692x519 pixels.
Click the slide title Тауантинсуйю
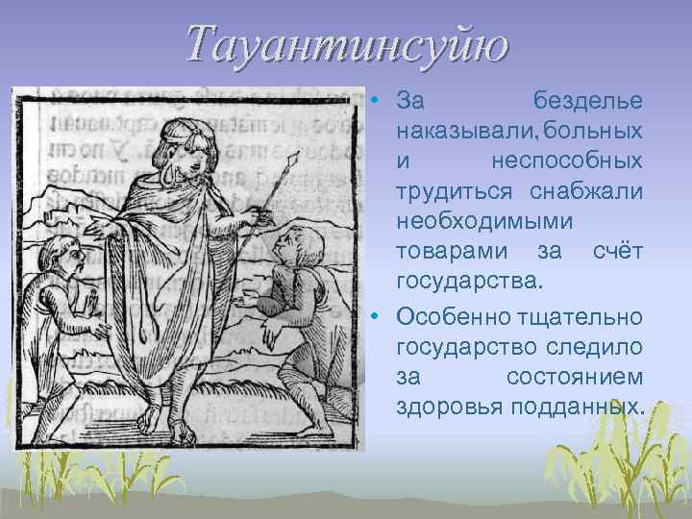(346, 45)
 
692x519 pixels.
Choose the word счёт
(616, 253)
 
